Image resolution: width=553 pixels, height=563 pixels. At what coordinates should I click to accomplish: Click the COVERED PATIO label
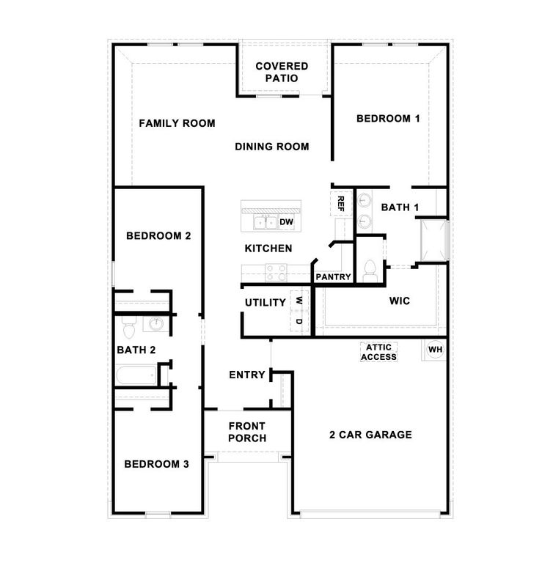282,72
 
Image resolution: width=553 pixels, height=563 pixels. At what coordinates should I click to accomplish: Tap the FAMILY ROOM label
177,123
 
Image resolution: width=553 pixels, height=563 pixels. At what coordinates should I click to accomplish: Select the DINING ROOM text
271,147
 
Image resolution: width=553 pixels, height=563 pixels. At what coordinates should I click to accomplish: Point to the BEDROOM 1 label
388,118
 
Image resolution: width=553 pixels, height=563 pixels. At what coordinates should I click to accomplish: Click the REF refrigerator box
340,203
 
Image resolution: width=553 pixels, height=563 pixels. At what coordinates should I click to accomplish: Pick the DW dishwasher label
286,221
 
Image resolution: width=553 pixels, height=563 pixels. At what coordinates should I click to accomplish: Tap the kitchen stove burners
276,272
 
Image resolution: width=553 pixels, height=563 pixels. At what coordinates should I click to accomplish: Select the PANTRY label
333,277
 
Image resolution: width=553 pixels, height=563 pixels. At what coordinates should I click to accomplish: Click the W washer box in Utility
299,301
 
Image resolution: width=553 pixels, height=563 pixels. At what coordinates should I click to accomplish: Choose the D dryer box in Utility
299,321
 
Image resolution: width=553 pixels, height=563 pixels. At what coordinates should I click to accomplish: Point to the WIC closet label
399,301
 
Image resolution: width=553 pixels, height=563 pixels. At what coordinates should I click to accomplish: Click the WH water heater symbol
435,350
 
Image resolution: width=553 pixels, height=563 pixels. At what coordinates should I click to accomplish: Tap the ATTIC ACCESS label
378,352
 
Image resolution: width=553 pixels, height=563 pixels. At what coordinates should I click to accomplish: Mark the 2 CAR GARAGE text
370,435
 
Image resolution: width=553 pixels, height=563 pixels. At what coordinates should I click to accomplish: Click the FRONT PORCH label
246,432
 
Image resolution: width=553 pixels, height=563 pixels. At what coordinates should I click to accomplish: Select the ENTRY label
246,375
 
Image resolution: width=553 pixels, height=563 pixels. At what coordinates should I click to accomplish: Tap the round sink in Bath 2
156,325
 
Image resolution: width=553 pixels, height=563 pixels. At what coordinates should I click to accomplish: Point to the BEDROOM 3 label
156,464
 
